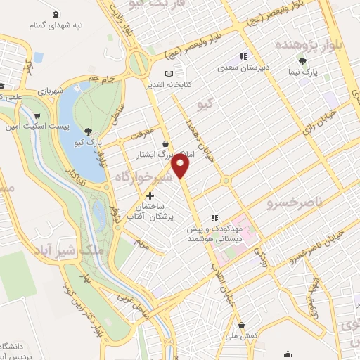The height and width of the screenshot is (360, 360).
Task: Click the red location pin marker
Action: coord(181,166)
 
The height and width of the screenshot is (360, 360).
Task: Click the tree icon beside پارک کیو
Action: coord(87,131)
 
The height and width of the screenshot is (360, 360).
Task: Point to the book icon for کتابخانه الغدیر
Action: coord(167,74)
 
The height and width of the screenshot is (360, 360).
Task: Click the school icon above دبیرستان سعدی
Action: coord(243,56)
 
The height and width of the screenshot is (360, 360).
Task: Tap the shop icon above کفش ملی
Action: coord(242,326)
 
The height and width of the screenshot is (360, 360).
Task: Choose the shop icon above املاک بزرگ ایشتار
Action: coord(166,143)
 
